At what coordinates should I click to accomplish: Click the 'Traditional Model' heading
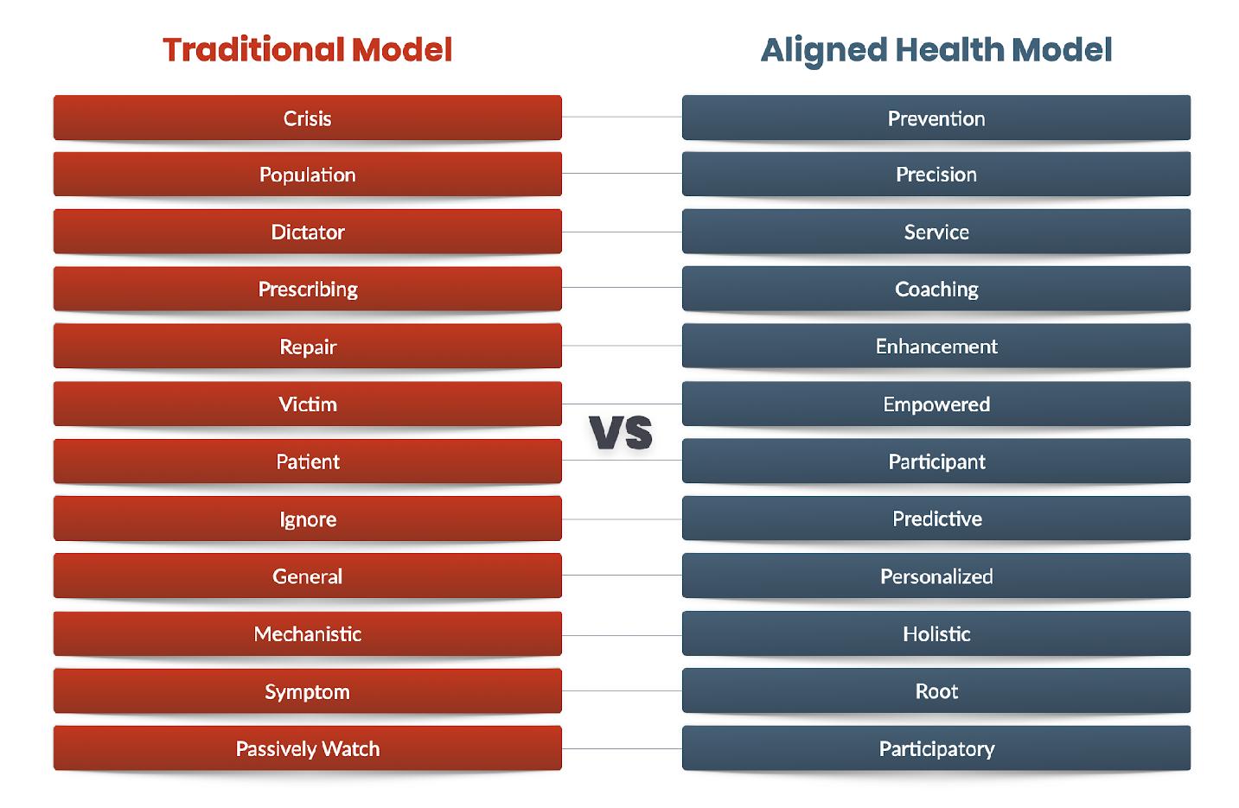pyautogui.click(x=308, y=50)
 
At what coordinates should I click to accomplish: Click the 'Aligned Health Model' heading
pyautogui.click(x=936, y=51)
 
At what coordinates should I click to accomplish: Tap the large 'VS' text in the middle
pyautogui.click(x=621, y=432)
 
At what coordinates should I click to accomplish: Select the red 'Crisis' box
pyautogui.click(x=308, y=118)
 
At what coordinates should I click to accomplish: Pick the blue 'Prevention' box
pyautogui.click(x=936, y=118)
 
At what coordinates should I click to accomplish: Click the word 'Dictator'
pyautogui.click(x=308, y=232)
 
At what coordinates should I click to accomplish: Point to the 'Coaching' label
pyautogui.click(x=936, y=289)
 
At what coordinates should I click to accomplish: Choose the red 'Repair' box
pyautogui.click(x=308, y=346)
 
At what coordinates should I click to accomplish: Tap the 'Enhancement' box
pyautogui.click(x=936, y=346)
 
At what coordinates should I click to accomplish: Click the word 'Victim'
pyautogui.click(x=308, y=404)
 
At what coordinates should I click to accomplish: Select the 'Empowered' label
pyautogui.click(x=936, y=405)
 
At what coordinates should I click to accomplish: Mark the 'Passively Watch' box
pyautogui.click(x=308, y=748)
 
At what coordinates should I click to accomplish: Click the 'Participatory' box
pyautogui.click(x=936, y=748)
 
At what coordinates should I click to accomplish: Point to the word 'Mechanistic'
pyautogui.click(x=308, y=634)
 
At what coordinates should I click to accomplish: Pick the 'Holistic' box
pyautogui.click(x=936, y=633)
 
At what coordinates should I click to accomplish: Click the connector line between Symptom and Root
pyautogui.click(x=622, y=690)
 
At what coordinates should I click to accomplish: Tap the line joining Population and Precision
pyautogui.click(x=622, y=174)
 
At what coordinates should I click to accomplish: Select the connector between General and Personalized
pyautogui.click(x=622, y=576)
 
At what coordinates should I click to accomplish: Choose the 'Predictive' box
pyautogui.click(x=936, y=519)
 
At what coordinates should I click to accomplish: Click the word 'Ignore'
pyautogui.click(x=308, y=520)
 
